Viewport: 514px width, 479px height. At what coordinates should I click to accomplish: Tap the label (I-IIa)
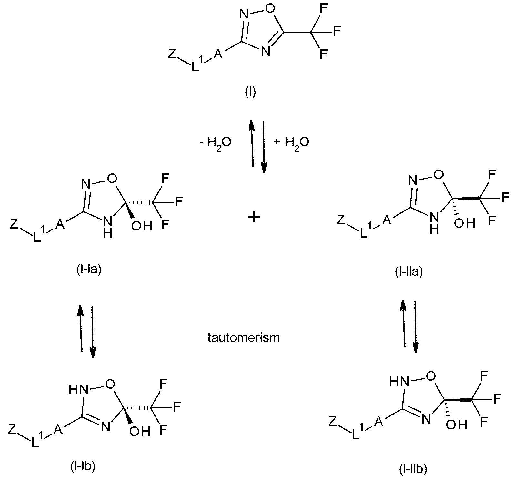point(408,272)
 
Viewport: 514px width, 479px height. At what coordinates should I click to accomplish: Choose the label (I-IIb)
point(413,470)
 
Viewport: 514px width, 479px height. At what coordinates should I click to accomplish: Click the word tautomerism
point(244,337)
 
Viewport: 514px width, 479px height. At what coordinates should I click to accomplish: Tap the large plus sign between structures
point(254,217)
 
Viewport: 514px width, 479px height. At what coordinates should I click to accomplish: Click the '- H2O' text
point(215,142)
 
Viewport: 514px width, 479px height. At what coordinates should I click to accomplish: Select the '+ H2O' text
point(291,142)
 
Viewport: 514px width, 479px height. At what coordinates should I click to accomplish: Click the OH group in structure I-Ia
point(142,226)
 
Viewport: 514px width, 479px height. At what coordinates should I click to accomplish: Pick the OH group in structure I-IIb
point(457,425)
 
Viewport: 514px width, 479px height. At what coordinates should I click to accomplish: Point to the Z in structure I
point(172,54)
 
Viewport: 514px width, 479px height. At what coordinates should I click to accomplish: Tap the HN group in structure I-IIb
point(399,382)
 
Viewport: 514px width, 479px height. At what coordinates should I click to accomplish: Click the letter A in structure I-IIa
point(387,220)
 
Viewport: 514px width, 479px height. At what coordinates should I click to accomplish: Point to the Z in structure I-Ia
point(14,224)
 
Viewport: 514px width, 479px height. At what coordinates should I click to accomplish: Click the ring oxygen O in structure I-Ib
point(110,384)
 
